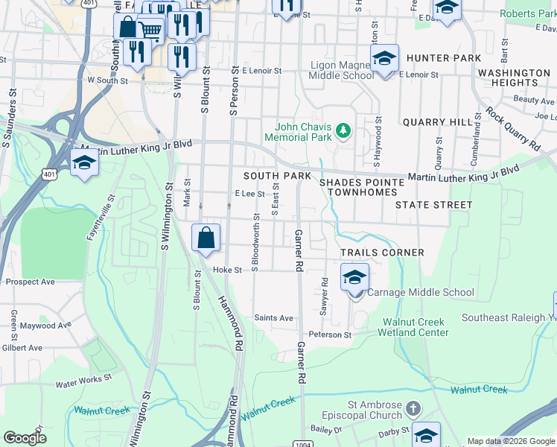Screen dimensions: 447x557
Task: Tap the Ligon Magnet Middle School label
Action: coord(342,70)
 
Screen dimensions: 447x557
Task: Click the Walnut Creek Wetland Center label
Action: coord(416,327)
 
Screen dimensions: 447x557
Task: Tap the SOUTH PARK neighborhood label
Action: coord(277,176)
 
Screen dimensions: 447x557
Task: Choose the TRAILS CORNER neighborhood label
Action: coord(382,253)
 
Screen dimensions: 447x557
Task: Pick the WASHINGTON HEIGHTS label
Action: coord(514,77)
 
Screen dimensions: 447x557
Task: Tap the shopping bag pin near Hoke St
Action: coord(206,238)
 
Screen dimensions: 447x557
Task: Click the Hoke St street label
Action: coord(228,270)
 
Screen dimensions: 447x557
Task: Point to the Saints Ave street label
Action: coord(274,317)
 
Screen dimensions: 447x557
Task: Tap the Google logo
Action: coord(25,438)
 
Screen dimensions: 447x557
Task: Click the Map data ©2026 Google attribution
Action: coord(511,441)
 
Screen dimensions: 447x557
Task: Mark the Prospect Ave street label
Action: coord(30,282)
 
